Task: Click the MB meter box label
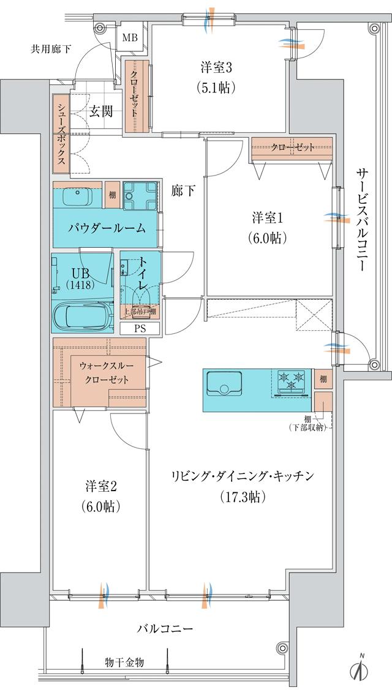coord(130,39)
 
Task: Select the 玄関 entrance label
coord(100,111)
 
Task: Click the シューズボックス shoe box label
coord(62,135)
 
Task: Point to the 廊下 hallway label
coord(183,191)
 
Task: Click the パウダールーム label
coord(107,228)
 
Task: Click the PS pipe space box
coord(140,328)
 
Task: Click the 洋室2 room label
coord(100,487)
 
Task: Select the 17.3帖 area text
coord(243,497)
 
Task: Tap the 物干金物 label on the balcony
coord(124,662)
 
